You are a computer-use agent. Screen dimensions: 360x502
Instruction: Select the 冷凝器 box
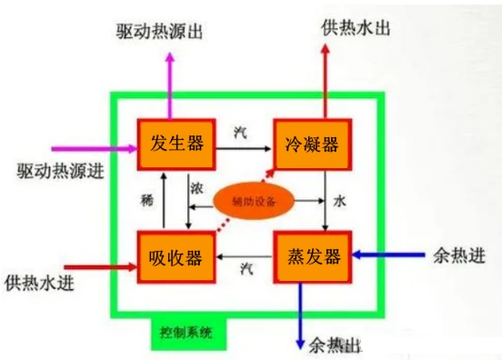point(312,144)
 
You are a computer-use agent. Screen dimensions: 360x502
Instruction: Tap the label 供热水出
point(356,27)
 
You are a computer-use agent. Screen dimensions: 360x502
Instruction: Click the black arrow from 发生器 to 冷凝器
point(245,145)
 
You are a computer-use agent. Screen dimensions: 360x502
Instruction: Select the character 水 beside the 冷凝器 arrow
point(340,198)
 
